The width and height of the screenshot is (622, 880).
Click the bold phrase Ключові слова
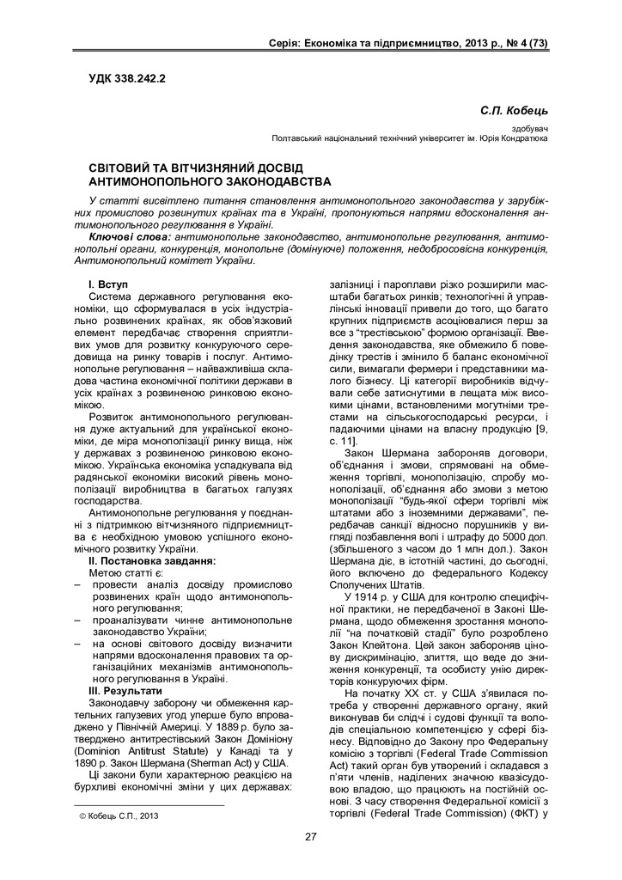[129, 235]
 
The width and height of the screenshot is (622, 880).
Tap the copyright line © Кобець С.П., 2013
[113, 816]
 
